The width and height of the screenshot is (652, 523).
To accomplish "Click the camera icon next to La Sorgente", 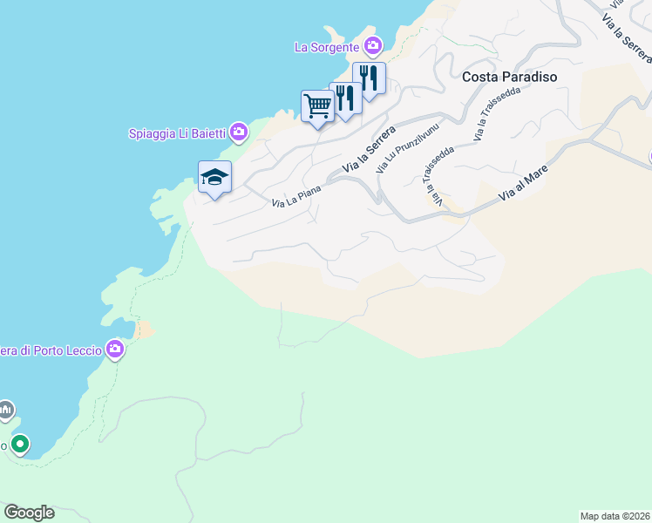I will tap(373, 46).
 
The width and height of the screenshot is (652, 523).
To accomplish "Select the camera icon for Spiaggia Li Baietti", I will tap(239, 132).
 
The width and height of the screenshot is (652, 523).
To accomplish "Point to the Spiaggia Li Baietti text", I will tap(177, 133).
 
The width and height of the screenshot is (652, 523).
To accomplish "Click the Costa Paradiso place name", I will tap(510, 77).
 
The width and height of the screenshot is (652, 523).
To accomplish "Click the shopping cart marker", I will tap(317, 106).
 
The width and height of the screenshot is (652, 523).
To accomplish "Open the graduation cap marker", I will tap(214, 178).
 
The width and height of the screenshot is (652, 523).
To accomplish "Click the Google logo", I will tap(29, 513).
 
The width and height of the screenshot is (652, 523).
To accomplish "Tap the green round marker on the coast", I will tap(19, 445).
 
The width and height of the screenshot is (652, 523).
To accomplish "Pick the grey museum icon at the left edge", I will tap(5, 409).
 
